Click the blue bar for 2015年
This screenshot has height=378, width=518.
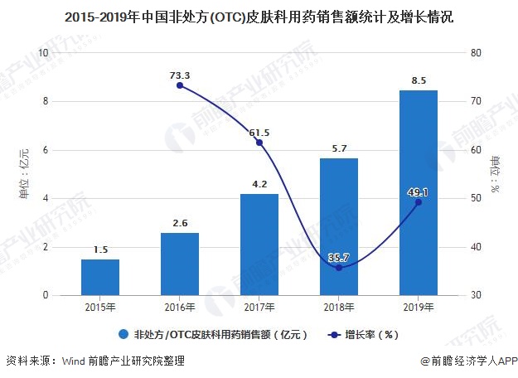99,278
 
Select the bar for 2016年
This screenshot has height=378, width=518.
179,264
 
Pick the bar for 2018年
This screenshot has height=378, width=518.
338,226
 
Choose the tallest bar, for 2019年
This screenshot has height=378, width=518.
418,192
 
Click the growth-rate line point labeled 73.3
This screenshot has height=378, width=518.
180,85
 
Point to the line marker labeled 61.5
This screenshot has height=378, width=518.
259,143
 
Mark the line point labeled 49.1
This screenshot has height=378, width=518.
418,202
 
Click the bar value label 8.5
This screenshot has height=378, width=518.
418,80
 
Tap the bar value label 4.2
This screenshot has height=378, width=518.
259,184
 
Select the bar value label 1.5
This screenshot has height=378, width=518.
99,250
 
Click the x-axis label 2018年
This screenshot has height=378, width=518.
338,308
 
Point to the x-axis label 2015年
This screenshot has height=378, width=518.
99,308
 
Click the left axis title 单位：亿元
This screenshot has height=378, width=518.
24,173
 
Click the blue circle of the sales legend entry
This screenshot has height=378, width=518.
123,335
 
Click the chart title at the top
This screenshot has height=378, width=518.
259,17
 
